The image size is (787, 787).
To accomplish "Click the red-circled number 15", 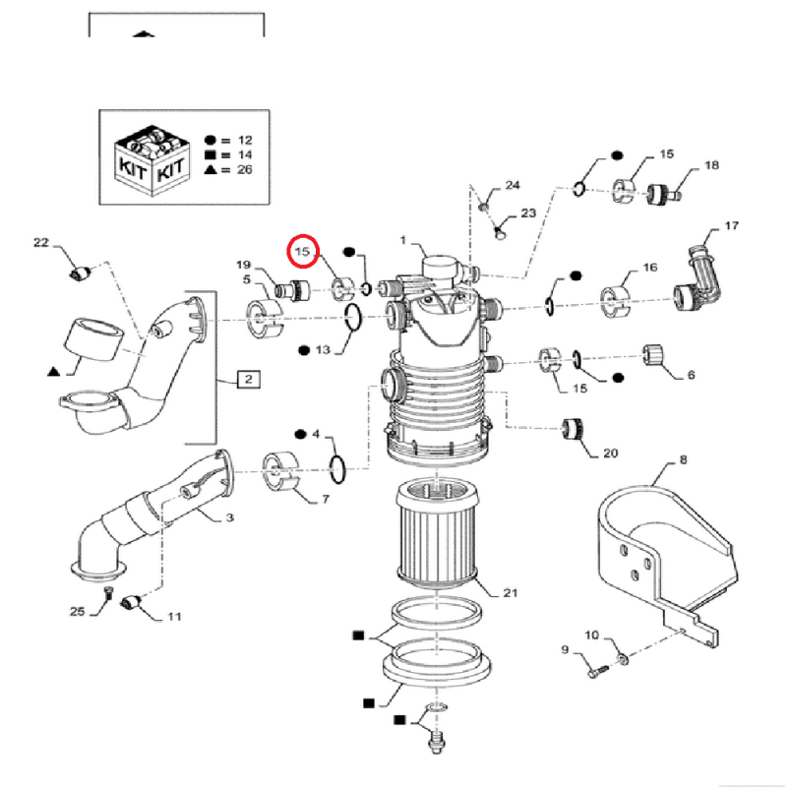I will coord(304,253).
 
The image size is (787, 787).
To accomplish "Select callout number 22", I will coord(40,243).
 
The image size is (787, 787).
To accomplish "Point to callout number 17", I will coord(731,226).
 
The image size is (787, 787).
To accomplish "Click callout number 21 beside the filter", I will coord(510,592).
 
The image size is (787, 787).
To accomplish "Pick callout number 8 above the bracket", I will coord(684,459).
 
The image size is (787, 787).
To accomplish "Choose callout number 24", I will coord(513,186).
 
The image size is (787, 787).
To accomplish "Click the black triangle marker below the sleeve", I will coord(53,372).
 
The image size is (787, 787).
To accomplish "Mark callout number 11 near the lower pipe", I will coord(173,618).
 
